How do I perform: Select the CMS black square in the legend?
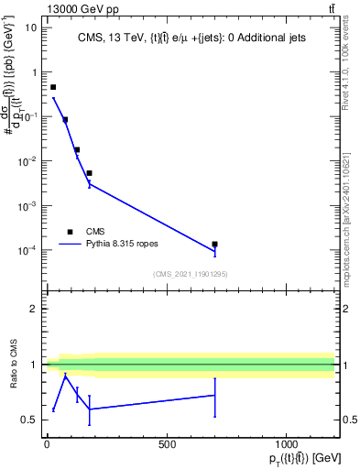[x=70, y=232]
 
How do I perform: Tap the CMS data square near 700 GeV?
[x=214, y=245]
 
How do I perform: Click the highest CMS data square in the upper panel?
[x=53, y=87]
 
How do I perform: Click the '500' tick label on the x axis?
[x=167, y=444]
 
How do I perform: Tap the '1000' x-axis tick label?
[x=287, y=444]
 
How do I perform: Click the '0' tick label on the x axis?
[x=47, y=444]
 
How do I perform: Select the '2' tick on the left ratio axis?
[x=33, y=309]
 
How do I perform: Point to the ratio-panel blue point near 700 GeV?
[x=214, y=395]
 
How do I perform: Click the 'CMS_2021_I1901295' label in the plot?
[x=190, y=274]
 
